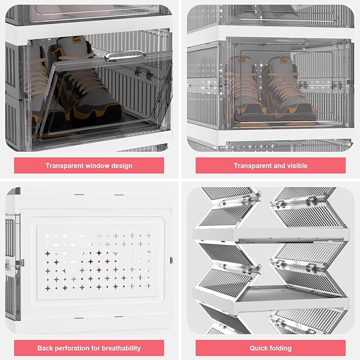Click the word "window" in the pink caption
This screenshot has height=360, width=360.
coord(95,165)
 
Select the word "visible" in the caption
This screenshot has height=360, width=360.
coord(296,165)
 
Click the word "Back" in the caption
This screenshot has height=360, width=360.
coord(45,348)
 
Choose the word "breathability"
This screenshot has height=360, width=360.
coord(121,348)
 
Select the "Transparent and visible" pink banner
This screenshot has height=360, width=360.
coord(270,165)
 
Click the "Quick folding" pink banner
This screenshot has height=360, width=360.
coord(270,348)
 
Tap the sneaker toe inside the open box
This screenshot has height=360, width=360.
coord(108,112)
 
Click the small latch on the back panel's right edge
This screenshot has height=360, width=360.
coord(171,260)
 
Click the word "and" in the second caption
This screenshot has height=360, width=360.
coord(276,165)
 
